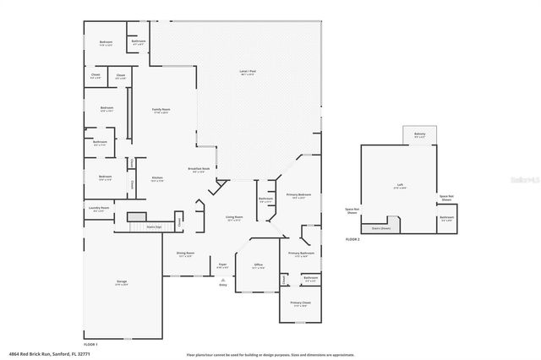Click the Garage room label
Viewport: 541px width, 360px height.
121,282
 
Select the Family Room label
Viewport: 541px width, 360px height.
161,111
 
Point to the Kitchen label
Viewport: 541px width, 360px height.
157,178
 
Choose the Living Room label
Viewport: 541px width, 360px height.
234,219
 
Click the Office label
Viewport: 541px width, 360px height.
259,265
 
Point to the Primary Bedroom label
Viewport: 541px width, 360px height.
299,195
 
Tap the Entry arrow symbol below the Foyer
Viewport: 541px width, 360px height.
223,280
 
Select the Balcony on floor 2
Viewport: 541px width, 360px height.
420,135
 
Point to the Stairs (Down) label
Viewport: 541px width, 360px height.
381,228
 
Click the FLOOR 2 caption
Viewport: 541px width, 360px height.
352,241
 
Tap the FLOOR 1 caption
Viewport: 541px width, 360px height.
90,345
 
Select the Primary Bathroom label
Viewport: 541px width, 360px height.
301,254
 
